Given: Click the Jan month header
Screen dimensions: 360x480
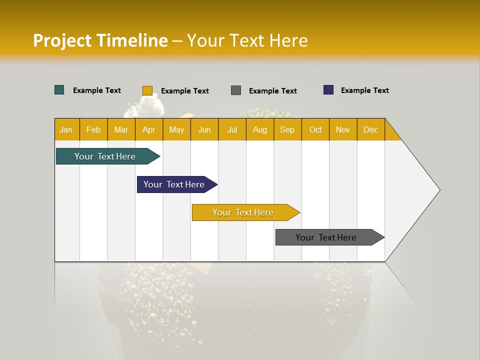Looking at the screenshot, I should tap(66, 129).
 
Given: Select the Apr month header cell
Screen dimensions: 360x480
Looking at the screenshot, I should tap(149, 129).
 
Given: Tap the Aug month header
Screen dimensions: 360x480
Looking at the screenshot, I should tap(260, 129).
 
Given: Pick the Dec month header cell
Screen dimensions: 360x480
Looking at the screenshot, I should tap(371, 129).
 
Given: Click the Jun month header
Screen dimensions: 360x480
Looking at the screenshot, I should tap(204, 129).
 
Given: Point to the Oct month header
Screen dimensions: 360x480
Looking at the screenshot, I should tap(315, 129).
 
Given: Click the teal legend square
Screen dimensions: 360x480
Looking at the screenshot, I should tap(59, 90).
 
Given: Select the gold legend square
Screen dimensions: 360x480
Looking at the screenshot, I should tap(147, 90).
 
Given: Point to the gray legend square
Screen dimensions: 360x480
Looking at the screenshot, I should tap(236, 90).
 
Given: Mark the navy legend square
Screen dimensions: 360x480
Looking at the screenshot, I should tap(328, 90).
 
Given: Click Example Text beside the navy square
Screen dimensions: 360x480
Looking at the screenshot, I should tap(364, 90).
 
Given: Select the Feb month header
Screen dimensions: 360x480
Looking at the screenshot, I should tap(93, 129).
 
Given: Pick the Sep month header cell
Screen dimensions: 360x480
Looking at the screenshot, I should tap(287, 129).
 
